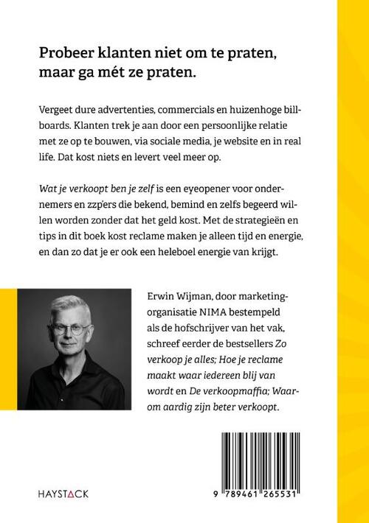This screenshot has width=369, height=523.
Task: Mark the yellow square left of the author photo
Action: click(x=14, y=331)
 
